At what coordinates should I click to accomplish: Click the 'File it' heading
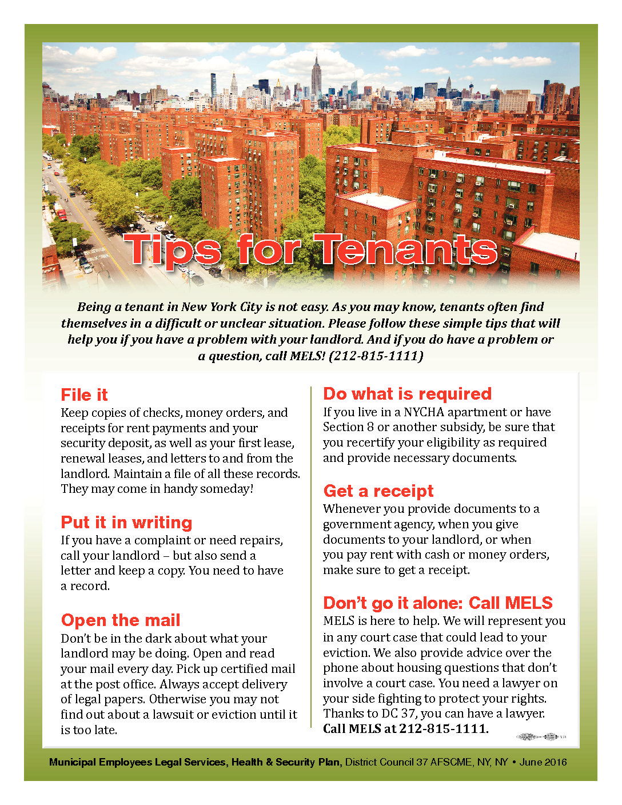[x=84, y=395]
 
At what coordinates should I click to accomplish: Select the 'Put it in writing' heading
[x=126, y=523]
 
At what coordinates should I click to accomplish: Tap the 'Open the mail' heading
[x=121, y=620]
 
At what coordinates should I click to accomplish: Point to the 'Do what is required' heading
[x=407, y=394]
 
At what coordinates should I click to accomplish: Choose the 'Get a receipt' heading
[x=378, y=491]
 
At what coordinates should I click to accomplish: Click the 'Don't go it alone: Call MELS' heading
[x=438, y=603]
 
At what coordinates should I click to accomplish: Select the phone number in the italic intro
[x=376, y=356]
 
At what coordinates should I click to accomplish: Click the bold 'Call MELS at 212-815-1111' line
[x=405, y=728]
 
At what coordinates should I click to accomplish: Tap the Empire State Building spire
[x=316, y=57]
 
